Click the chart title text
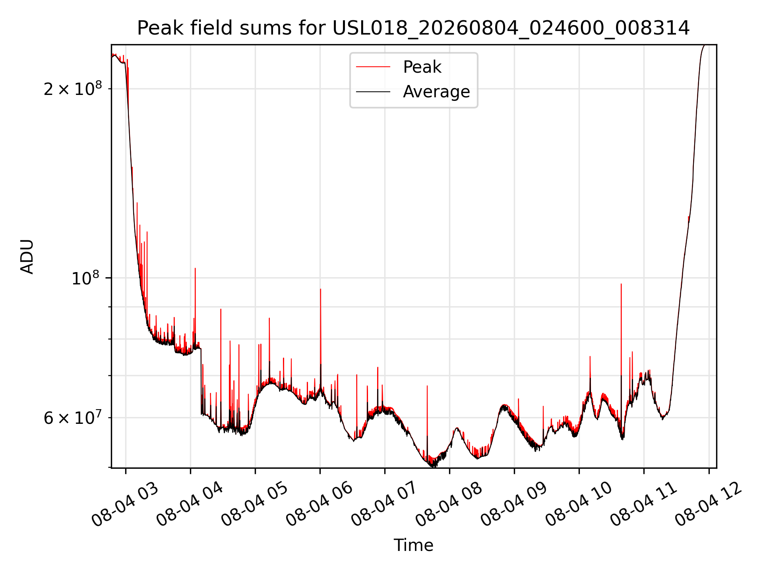(x=413, y=28)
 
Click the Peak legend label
(x=422, y=67)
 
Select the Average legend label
(x=436, y=92)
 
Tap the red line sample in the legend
(x=373, y=67)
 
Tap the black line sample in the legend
(x=373, y=92)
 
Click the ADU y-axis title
(x=27, y=257)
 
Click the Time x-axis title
(x=413, y=545)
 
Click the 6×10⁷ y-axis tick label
(x=73, y=417)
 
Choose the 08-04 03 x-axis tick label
(x=125, y=504)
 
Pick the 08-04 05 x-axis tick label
(x=254, y=504)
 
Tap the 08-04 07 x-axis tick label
(x=384, y=504)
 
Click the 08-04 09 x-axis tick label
(x=513, y=504)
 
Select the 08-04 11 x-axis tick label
(x=643, y=504)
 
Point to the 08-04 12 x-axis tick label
(x=708, y=504)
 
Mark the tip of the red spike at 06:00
(x=320, y=289)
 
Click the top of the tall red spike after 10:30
(x=621, y=284)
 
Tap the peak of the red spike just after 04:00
(x=195, y=269)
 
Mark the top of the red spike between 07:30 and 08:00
(x=427, y=386)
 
